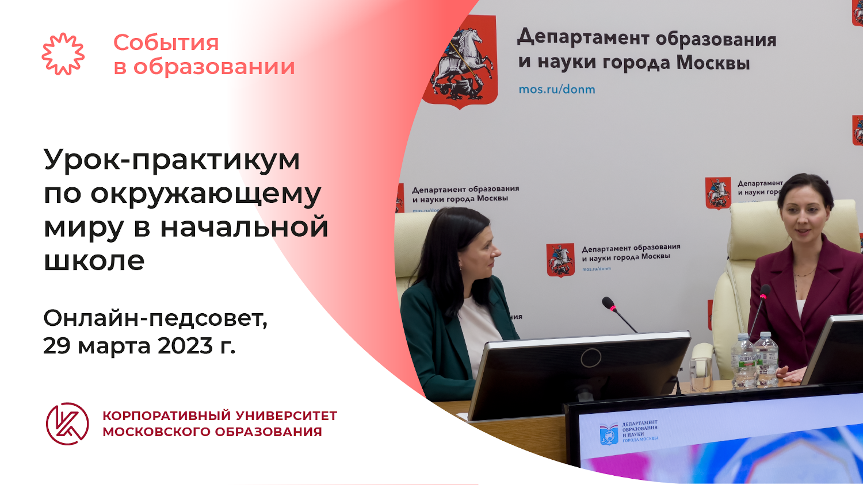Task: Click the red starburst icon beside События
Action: pyautogui.click(x=63, y=54)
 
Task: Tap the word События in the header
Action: pyautogui.click(x=166, y=43)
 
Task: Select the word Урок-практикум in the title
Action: pyautogui.click(x=171, y=160)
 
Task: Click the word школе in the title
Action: pyautogui.click(x=94, y=260)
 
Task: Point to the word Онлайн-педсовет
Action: pyautogui.click(x=155, y=318)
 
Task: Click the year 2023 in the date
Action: pyautogui.click(x=185, y=345)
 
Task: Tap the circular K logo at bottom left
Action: pyautogui.click(x=67, y=424)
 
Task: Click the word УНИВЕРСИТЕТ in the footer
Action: pyautogui.click(x=287, y=415)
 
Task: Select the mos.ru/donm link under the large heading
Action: pyautogui.click(x=556, y=89)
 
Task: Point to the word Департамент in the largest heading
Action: pyautogui.click(x=583, y=37)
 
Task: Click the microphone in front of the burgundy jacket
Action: pyautogui.click(x=765, y=292)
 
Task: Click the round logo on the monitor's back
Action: pyautogui.click(x=590, y=358)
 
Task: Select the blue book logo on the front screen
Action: pyautogui.click(x=609, y=434)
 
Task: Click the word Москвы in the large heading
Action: pyautogui.click(x=713, y=63)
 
